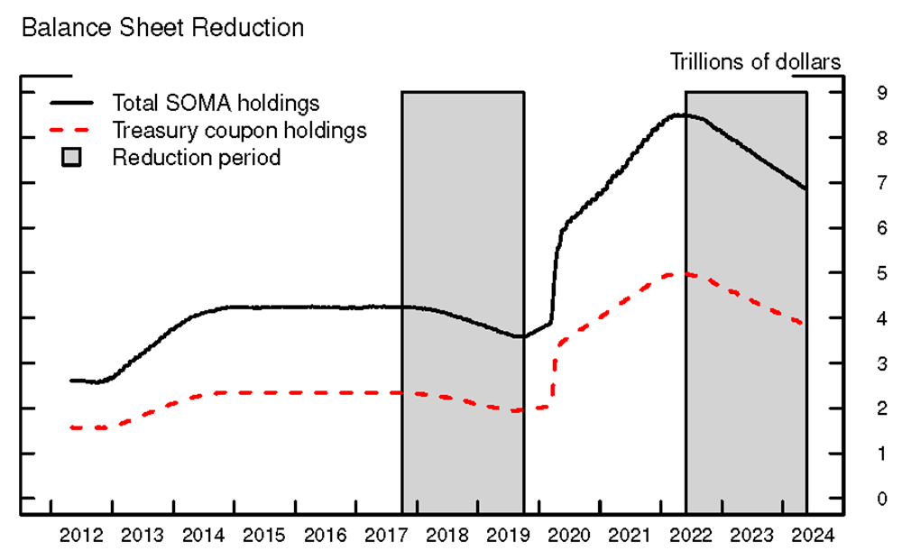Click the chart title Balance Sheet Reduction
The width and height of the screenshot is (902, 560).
coord(162,28)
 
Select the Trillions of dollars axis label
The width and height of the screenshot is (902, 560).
coord(756,61)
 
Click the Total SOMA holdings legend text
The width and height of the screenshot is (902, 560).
coord(216,102)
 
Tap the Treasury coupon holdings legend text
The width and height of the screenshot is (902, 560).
coord(239,130)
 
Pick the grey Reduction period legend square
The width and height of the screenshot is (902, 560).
coord(72,158)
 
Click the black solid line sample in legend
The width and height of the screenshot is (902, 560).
coord(72,102)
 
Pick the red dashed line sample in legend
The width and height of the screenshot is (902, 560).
coord(72,130)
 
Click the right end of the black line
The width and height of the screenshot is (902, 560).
coord(805,188)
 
